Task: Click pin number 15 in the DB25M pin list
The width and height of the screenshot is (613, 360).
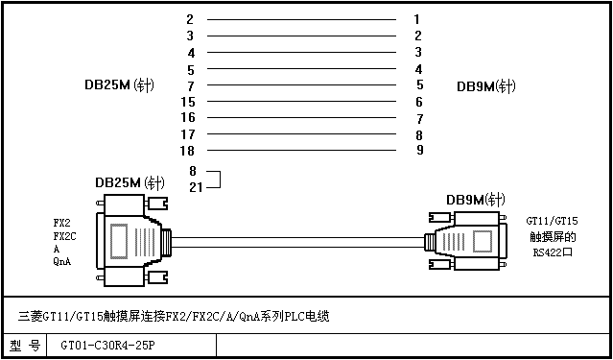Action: coord(188,102)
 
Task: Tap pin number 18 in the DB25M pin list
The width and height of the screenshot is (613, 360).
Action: coord(187,151)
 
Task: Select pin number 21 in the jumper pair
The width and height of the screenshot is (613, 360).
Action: coord(196,187)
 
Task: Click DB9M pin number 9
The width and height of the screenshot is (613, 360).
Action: coord(419,150)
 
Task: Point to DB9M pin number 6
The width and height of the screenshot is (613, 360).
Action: coord(419,102)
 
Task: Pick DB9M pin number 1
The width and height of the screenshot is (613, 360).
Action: coord(417,19)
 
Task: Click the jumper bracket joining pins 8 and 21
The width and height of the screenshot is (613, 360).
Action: coord(220,180)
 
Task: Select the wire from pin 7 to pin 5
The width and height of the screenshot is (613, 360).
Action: coord(301,84)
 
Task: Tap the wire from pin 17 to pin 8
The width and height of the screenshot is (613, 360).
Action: coord(301,133)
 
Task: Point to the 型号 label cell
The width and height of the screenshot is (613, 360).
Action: coord(25,346)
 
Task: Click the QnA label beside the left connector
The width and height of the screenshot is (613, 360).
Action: coord(62,262)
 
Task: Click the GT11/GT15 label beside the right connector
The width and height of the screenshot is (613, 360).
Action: coord(552,221)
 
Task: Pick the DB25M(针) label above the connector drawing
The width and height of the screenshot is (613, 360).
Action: coord(130,182)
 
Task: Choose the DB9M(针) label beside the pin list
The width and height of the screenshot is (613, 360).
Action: coord(486,86)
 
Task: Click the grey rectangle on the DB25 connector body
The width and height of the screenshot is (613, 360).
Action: coord(119,241)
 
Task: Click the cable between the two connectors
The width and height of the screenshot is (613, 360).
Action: coord(298,242)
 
